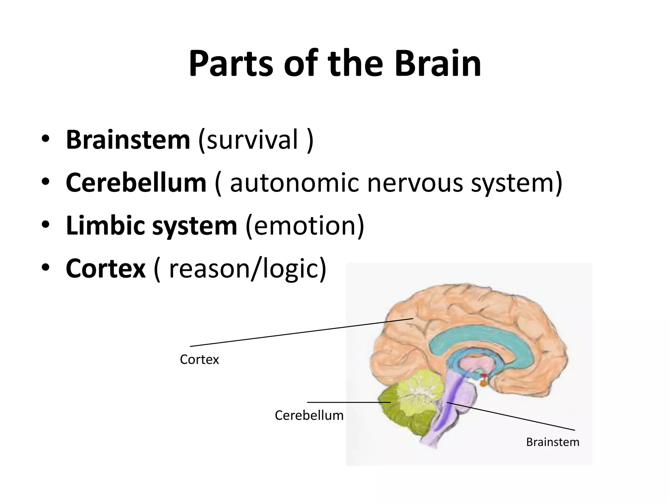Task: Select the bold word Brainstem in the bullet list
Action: click(128, 140)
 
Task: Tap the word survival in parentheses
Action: click(248, 140)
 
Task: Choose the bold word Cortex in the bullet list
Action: click(105, 269)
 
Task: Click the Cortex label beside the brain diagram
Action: click(199, 360)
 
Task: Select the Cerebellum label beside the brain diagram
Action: click(309, 415)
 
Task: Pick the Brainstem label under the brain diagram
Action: click(553, 442)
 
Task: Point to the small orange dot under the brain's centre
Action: click(483, 382)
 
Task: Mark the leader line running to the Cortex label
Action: click(301, 332)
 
